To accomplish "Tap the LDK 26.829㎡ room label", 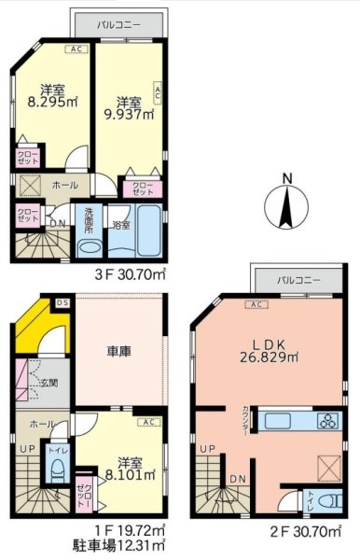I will [x=270, y=349].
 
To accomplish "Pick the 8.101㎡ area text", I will [x=124, y=473].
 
